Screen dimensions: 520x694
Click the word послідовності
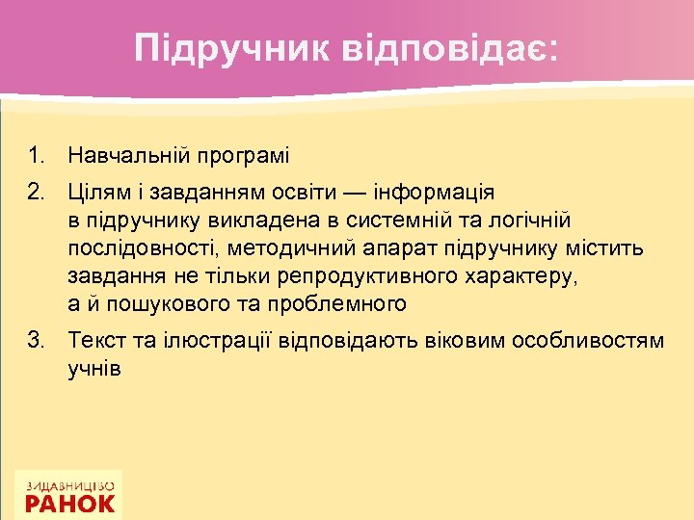[x=143, y=248]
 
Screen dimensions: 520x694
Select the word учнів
[x=94, y=370]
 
